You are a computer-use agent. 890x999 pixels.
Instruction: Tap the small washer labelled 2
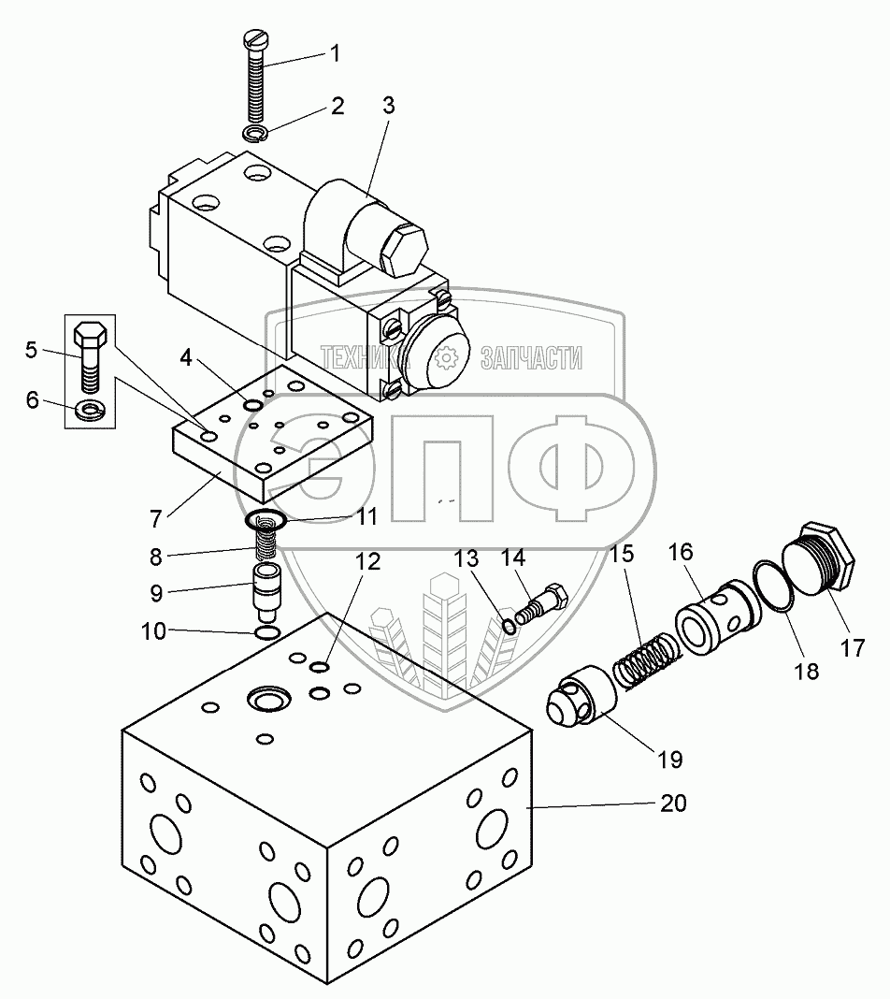(253, 134)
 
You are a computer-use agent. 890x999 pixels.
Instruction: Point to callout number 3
(388, 106)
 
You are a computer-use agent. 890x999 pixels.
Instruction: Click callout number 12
(368, 561)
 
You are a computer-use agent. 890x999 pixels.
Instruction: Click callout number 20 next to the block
(674, 803)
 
